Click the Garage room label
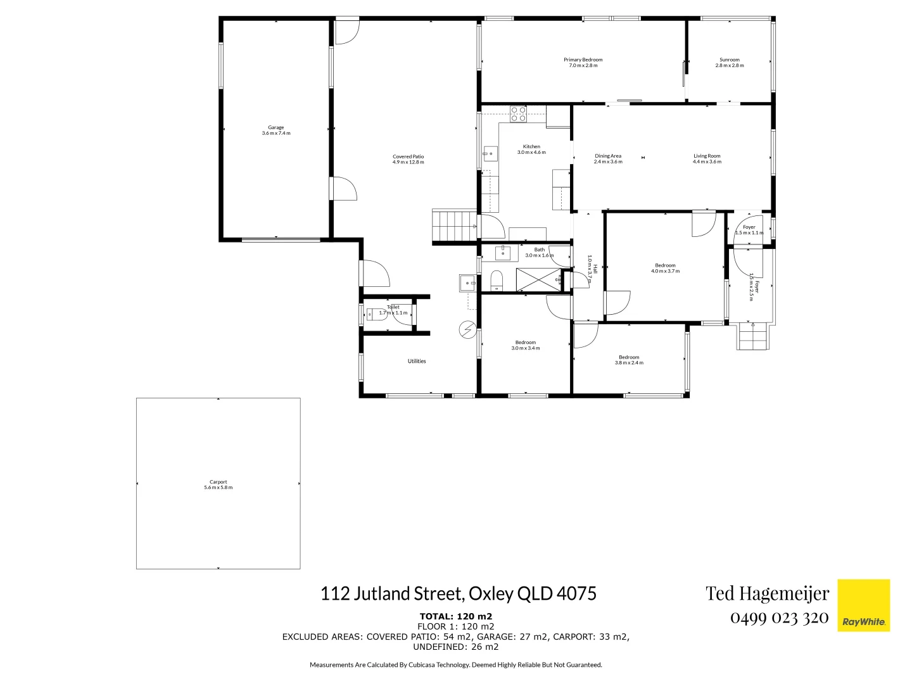[275, 130]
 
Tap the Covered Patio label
[408, 160]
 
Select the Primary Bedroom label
[583, 63]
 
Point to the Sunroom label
[730, 63]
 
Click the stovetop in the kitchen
[519, 114]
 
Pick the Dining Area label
[608, 159]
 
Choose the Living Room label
[707, 159]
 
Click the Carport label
[218, 484]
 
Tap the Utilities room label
[417, 361]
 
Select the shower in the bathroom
[538, 279]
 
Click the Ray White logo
[863, 605]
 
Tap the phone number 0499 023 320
[779, 617]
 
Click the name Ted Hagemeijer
[767, 593]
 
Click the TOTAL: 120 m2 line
[455, 616]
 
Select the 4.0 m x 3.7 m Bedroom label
[665, 269]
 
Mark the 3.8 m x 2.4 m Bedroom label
[629, 360]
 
